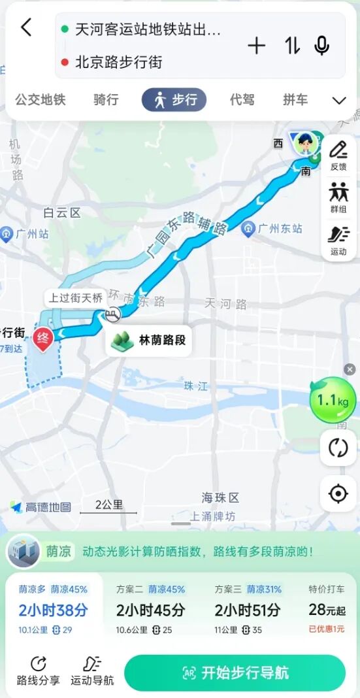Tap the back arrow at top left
(26, 27)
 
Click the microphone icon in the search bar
(321, 46)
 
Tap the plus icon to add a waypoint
(257, 46)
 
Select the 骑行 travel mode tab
(106, 100)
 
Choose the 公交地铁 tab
(41, 100)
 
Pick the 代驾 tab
(242, 100)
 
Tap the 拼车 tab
(295, 100)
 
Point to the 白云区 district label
(61, 212)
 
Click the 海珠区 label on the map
(220, 497)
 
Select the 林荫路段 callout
(150, 341)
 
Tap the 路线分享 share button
(39, 671)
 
